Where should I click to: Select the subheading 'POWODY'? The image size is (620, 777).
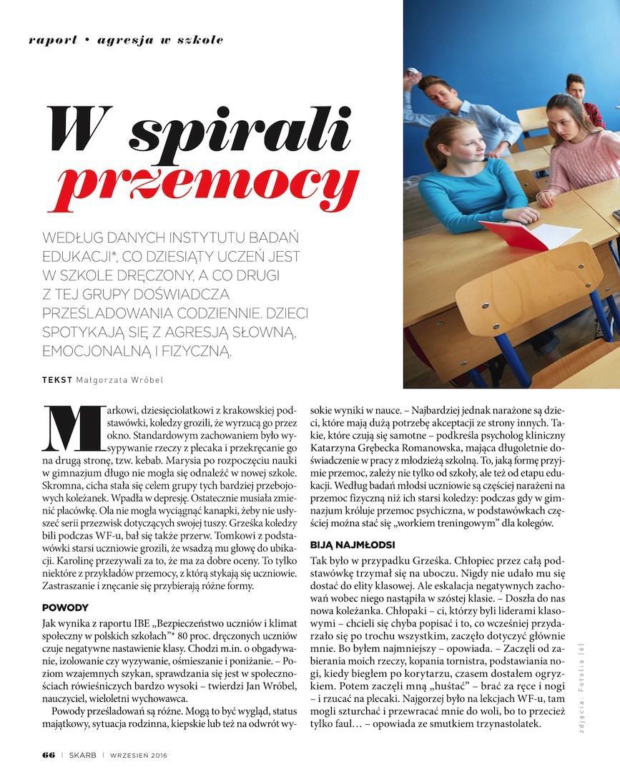click(x=65, y=607)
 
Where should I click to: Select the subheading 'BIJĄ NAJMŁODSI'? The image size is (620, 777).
click(x=348, y=544)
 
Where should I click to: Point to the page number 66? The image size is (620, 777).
click(x=48, y=755)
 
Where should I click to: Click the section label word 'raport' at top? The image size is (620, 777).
click(x=52, y=40)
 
